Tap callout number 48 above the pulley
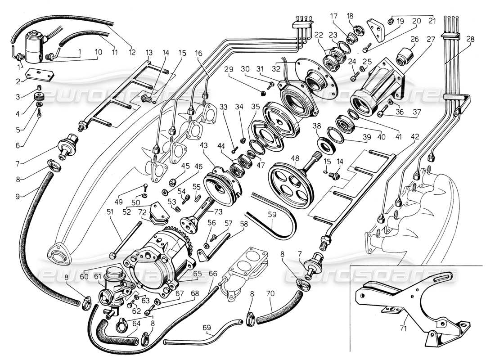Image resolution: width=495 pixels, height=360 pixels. click(x=295, y=158)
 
